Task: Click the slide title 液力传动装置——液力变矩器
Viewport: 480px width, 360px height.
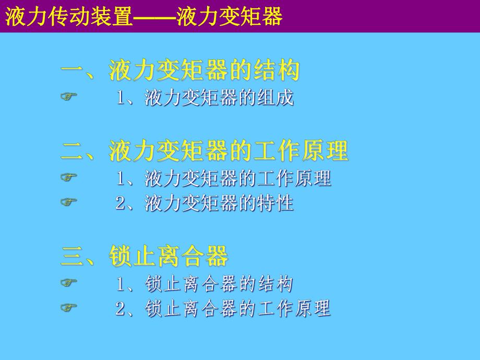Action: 143,16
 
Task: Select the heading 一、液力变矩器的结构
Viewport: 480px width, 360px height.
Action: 181,70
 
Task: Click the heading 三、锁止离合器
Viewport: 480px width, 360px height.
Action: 145,257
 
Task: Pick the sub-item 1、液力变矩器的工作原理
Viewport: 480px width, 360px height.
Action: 223,178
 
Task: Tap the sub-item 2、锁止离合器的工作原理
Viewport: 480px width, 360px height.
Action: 223,309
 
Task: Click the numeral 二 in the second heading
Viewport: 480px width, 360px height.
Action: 73,152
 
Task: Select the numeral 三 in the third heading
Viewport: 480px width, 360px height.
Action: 73,257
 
